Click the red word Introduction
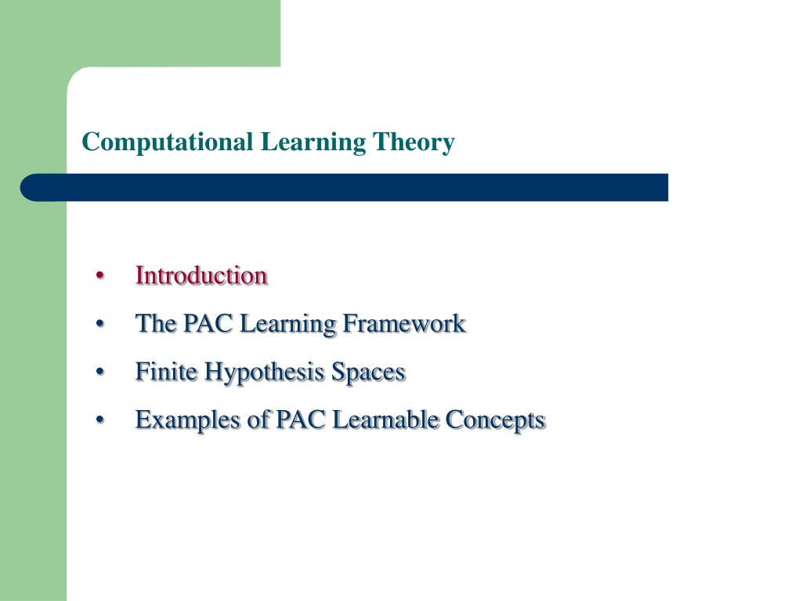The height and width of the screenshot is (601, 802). (x=201, y=275)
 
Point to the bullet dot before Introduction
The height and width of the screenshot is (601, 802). (x=100, y=276)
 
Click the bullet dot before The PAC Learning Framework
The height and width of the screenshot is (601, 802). (x=100, y=325)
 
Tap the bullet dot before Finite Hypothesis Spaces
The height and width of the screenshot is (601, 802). (x=100, y=372)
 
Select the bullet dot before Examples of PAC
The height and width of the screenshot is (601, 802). (x=100, y=421)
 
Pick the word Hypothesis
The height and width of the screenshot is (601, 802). (x=265, y=372)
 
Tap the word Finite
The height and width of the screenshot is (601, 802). (x=167, y=372)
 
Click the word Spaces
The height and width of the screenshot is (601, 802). (x=368, y=372)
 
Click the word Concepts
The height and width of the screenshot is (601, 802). (x=495, y=420)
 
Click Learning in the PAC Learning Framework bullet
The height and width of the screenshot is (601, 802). (x=288, y=323)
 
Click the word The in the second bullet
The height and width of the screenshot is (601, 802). (x=155, y=323)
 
